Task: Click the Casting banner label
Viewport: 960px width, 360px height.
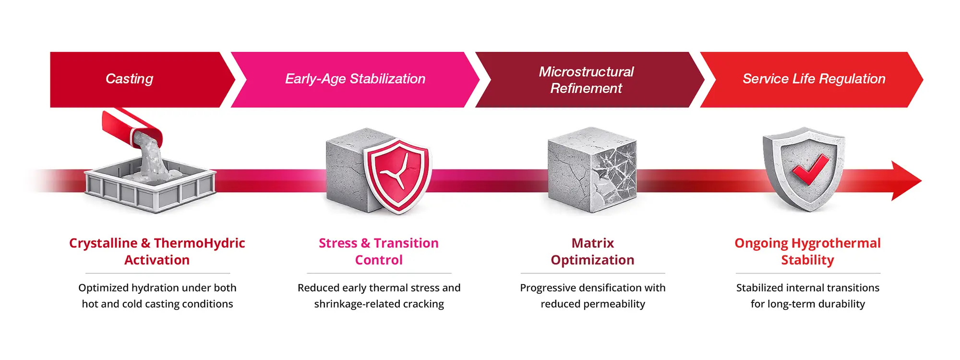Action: click(129, 79)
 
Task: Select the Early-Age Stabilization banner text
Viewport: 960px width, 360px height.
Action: click(355, 79)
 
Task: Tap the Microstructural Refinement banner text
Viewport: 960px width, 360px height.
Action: click(586, 80)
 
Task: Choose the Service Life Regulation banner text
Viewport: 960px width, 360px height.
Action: click(814, 79)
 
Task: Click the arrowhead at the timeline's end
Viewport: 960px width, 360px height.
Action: click(906, 181)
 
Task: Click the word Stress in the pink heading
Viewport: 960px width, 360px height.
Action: click(338, 243)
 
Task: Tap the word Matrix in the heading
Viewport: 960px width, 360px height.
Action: click(593, 243)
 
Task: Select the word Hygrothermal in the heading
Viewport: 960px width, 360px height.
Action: click(836, 243)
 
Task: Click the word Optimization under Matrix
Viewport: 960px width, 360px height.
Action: click(593, 260)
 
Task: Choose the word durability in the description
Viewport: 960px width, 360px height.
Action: click(841, 304)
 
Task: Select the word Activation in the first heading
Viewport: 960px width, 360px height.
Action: click(157, 260)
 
